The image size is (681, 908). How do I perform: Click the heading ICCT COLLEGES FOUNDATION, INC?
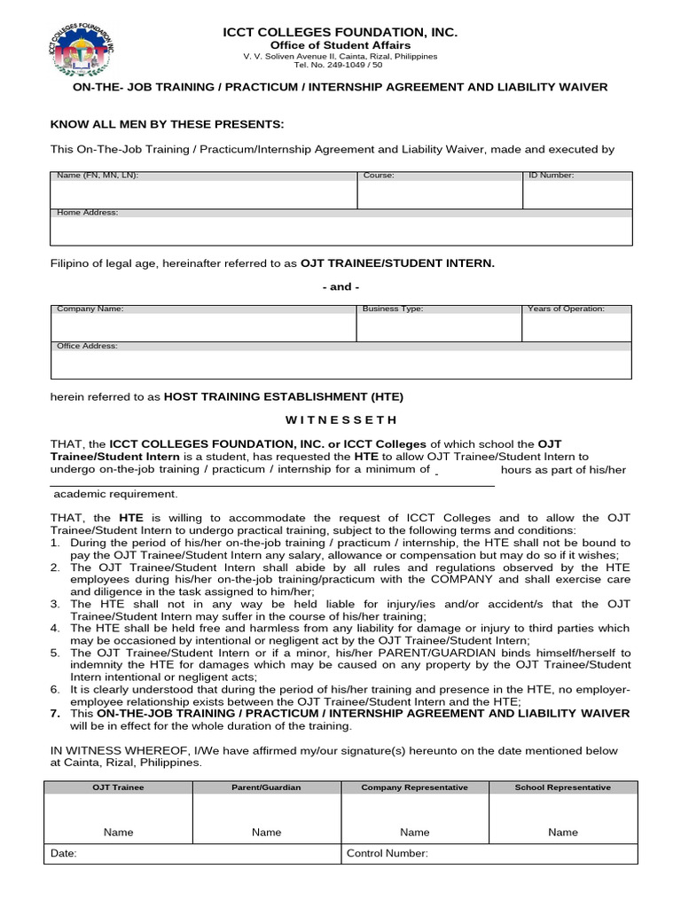pyautogui.click(x=340, y=33)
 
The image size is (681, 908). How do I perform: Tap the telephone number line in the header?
pyautogui.click(x=340, y=66)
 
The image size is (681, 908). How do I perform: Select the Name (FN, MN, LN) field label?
pyautogui.click(x=98, y=176)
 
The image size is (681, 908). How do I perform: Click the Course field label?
pyautogui.click(x=379, y=176)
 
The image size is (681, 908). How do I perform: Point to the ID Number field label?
pyautogui.click(x=551, y=176)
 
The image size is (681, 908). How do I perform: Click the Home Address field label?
pyautogui.click(x=87, y=213)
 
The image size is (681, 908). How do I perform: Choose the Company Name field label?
pyautogui.click(x=90, y=309)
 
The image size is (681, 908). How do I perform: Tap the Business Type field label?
pyautogui.click(x=393, y=309)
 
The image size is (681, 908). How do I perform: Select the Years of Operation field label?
pyautogui.click(x=566, y=309)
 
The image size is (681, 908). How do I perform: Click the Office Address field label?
pyautogui.click(x=87, y=346)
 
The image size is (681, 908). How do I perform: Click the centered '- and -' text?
pyautogui.click(x=340, y=286)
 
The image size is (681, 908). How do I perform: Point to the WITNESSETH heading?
pyautogui.click(x=340, y=419)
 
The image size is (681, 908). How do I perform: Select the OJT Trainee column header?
pyautogui.click(x=118, y=787)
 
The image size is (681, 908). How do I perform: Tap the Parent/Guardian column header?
pyautogui.click(x=266, y=787)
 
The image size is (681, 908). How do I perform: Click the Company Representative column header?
pyautogui.click(x=414, y=787)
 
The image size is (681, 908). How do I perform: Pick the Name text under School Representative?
pyautogui.click(x=563, y=832)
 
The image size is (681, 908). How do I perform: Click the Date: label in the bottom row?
pyautogui.click(x=65, y=854)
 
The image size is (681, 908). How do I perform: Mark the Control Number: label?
pyautogui.click(x=387, y=854)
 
